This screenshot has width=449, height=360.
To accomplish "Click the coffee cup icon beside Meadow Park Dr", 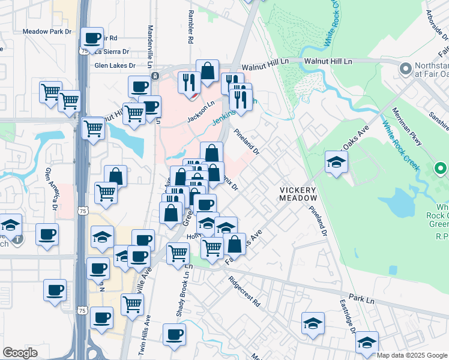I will click(92, 38).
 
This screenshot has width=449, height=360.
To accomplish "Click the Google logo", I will click(20, 353).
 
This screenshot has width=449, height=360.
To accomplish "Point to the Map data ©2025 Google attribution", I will click(411, 355).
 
